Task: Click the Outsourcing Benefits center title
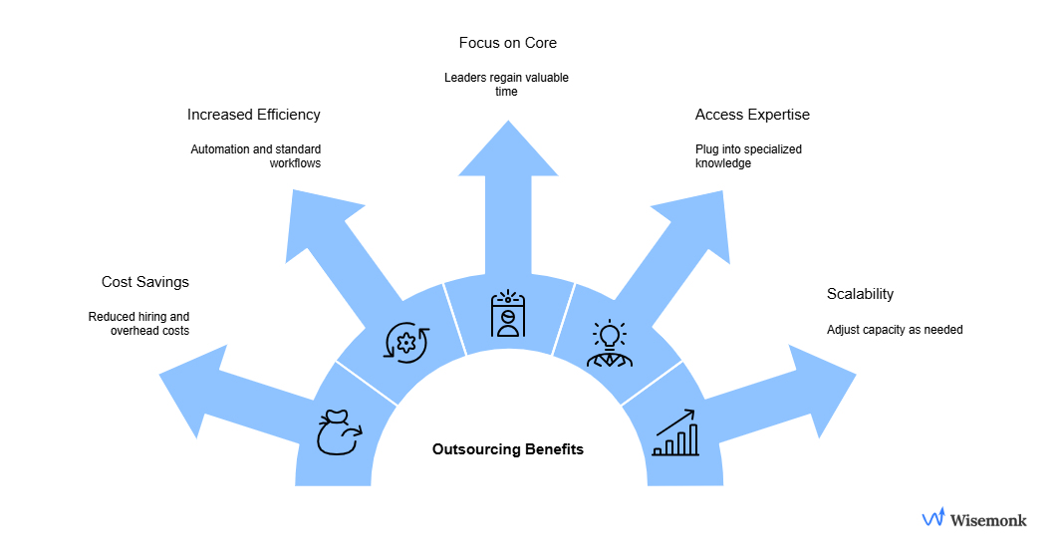(508, 449)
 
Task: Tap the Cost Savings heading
(144, 282)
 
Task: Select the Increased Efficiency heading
(254, 115)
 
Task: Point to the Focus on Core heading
(508, 43)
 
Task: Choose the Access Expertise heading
(752, 115)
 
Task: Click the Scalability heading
(860, 294)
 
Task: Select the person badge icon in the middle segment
(508, 314)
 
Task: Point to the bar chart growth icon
(675, 432)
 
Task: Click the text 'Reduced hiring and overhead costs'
(138, 324)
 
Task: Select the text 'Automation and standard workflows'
(256, 156)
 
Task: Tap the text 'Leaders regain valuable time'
(508, 85)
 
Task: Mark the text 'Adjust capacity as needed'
(895, 330)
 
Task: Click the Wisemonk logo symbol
(932, 517)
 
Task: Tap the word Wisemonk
(988, 519)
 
